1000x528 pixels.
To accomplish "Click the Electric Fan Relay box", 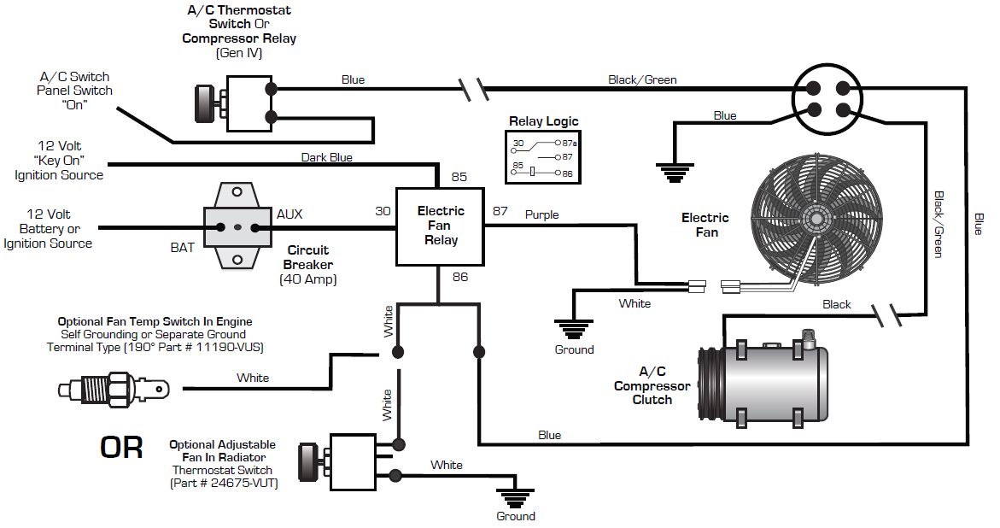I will coord(440,226).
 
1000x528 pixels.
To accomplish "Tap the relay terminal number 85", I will coord(459,178).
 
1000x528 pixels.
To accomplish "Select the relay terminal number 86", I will coord(459,277).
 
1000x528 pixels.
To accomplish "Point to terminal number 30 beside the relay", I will coord(383,211).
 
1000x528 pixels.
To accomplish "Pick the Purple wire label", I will coord(541,214).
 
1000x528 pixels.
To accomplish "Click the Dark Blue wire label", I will coord(326,157).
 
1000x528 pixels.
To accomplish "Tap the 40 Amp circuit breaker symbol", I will coord(238,227).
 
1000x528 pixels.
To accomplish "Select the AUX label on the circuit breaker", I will coord(289,214).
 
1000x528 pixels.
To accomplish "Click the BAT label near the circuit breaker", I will coord(182,248).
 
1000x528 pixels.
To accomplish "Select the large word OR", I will coord(122,448).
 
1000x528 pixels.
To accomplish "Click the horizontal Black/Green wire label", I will coord(642,79).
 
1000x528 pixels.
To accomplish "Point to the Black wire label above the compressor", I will coord(836,304).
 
